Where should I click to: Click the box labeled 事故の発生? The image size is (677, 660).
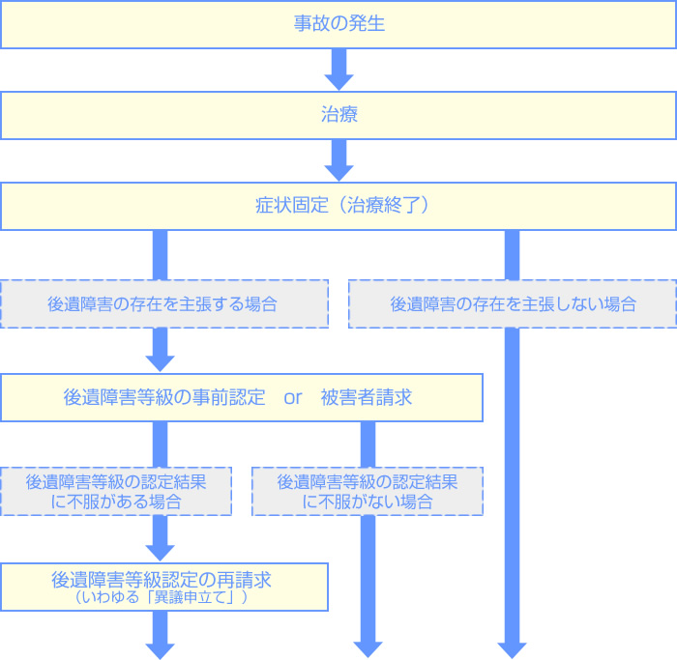[x=338, y=24]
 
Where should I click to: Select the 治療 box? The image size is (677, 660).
[x=338, y=115]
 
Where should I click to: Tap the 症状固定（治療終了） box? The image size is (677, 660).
[x=338, y=206]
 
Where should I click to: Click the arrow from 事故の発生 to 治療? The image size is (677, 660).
[x=338, y=69]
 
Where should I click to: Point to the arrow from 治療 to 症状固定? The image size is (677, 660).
[x=338, y=160]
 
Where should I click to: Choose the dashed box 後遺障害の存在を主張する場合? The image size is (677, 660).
[x=163, y=303]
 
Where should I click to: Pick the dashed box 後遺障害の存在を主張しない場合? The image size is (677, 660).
[x=513, y=303]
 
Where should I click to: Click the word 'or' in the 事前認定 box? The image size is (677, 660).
[x=293, y=397]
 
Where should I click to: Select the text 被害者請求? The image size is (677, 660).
[x=367, y=397]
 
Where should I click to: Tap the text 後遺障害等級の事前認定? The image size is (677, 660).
[x=163, y=397]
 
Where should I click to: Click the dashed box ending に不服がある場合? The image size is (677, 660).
[x=116, y=491]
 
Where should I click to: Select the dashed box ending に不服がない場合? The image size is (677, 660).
[x=367, y=491]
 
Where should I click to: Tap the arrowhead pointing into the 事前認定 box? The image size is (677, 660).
[x=161, y=362]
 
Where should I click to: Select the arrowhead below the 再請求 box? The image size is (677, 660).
[x=161, y=647]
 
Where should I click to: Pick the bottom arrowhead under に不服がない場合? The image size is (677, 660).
[x=368, y=647]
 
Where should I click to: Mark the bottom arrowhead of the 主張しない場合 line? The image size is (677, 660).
[x=513, y=647]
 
